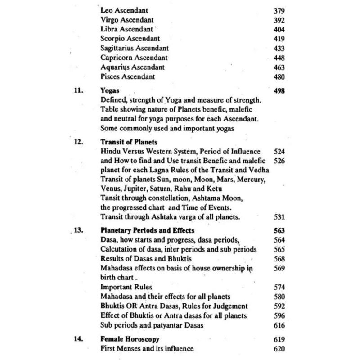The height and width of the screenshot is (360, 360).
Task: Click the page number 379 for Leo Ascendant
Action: pos(279,10)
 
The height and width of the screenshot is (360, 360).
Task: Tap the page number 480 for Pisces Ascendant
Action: pos(279,76)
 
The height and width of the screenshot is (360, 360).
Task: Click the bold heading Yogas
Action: pos(108,90)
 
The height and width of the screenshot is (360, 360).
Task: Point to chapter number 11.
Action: pos(78,90)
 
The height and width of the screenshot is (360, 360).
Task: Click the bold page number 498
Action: pos(279,90)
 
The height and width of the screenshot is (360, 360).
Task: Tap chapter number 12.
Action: pos(78,141)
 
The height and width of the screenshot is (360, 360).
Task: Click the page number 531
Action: pos(279,217)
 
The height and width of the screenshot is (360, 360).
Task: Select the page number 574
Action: pos(279,287)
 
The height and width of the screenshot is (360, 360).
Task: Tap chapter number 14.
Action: pos(78,339)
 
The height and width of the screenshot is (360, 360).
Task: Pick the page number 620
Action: pos(279,348)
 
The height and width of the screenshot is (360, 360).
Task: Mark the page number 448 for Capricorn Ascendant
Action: pos(279,58)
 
